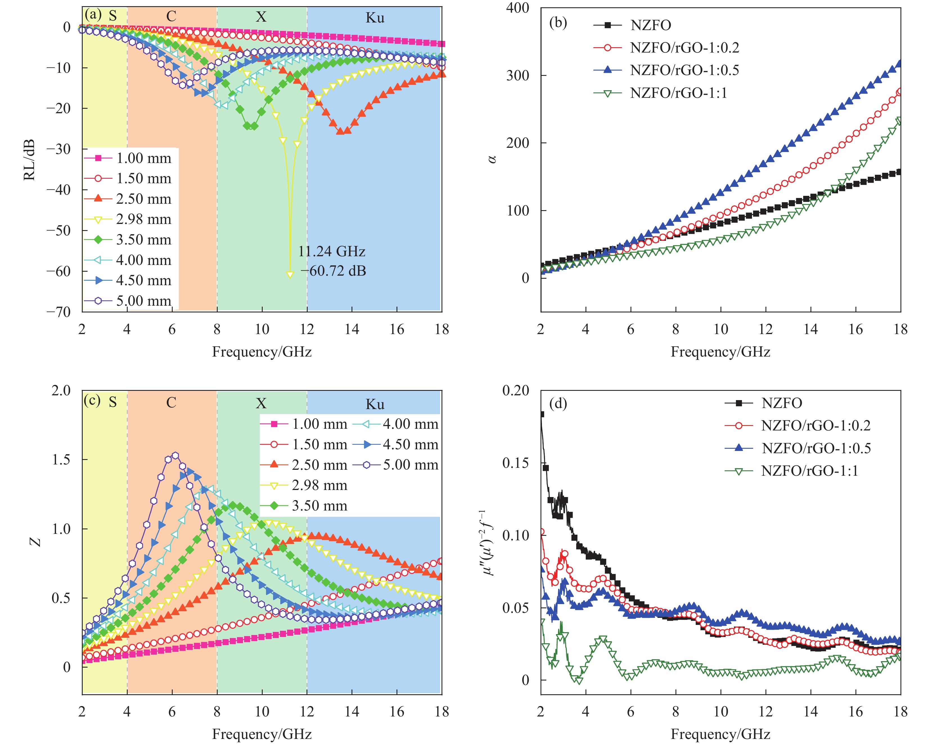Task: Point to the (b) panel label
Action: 558,22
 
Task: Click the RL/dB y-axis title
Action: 29,160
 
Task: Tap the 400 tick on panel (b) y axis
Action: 518,8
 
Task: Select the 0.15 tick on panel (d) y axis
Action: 515,463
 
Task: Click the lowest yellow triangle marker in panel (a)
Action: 290,275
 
